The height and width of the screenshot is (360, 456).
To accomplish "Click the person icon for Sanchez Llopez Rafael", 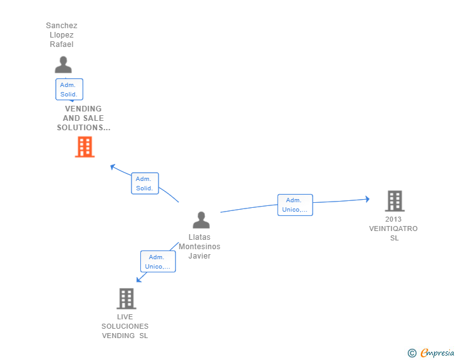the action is click(63, 64).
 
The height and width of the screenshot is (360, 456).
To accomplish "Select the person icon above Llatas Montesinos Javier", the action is click(201, 220).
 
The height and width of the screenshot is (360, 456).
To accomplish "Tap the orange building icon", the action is click(85, 147).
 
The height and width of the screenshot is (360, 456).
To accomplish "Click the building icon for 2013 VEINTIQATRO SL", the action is click(395, 201).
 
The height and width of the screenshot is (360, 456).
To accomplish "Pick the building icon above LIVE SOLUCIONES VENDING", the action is click(127, 299).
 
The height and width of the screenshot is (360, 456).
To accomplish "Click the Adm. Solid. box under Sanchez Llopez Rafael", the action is click(69, 90).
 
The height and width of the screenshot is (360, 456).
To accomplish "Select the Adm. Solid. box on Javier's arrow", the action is click(145, 183).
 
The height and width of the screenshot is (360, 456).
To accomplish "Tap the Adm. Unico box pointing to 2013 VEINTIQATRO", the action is click(295, 205).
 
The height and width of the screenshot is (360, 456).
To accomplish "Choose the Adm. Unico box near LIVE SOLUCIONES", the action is click(158, 262).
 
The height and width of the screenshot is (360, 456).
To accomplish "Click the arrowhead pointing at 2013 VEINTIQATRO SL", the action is click(368, 199).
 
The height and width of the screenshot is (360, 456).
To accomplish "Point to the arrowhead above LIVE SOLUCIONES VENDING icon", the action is click(138, 279).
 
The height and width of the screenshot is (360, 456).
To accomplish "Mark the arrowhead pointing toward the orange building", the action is click(113, 167).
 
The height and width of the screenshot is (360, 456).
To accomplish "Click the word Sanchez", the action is click(61, 26).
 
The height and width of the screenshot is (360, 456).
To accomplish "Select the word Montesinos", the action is click(199, 247).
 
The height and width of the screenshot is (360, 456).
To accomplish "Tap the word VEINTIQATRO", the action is click(393, 229).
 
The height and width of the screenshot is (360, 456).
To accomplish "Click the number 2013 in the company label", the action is click(393, 219).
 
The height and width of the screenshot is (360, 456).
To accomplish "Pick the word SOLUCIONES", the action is click(125, 326).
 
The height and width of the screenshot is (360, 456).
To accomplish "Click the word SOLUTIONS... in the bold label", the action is click(84, 128).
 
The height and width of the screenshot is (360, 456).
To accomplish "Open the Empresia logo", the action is click(437, 353).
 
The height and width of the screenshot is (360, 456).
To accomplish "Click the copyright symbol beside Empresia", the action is click(412, 353).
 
